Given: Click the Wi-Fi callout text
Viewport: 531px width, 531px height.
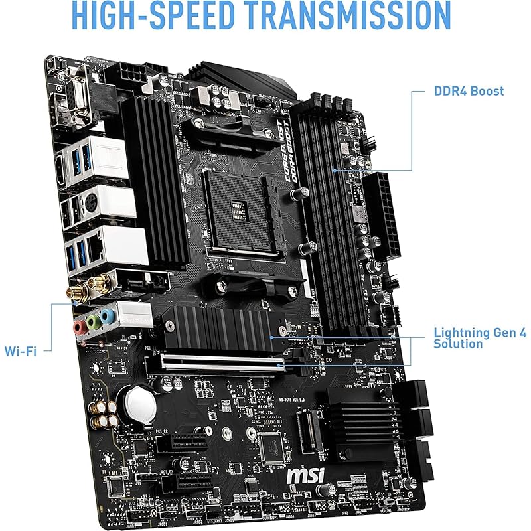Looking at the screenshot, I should [20, 350].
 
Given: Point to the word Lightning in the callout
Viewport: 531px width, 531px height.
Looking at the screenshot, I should [462, 332].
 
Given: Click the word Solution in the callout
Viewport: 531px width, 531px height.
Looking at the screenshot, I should [459, 344].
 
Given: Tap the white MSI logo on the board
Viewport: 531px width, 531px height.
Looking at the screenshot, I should [306, 476].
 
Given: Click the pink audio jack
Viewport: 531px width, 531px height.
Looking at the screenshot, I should [80, 326].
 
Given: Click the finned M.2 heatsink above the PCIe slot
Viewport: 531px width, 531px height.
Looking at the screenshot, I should [218, 328].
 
